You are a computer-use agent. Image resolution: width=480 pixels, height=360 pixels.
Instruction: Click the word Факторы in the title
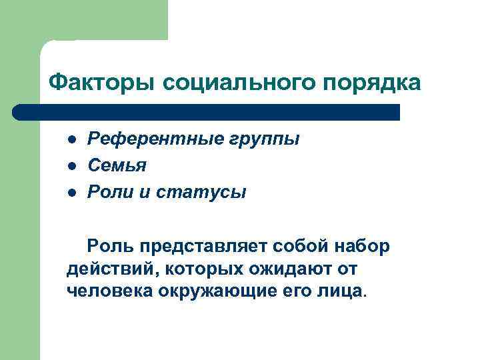point(102,83)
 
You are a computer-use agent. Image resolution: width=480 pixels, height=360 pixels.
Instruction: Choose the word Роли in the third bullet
point(111,193)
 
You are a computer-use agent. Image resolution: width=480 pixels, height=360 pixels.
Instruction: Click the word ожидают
point(284,269)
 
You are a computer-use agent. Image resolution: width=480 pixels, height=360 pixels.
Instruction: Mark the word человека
point(110,291)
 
